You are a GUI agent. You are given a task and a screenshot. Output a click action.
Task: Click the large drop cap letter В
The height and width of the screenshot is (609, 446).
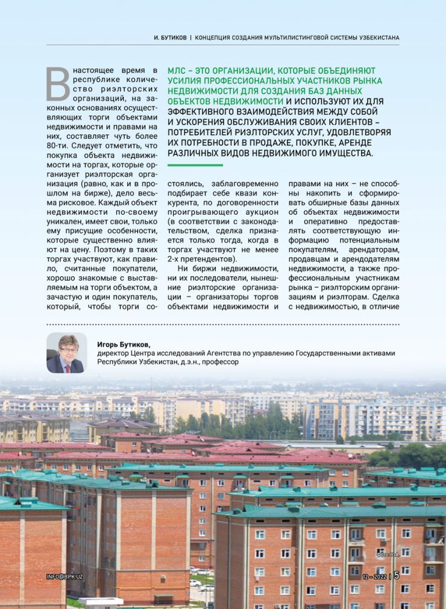(58, 83)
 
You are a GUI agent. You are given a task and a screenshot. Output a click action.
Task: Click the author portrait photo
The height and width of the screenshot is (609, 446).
(66, 352)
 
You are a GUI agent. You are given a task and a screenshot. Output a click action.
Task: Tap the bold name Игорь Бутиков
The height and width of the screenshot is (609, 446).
(124, 344)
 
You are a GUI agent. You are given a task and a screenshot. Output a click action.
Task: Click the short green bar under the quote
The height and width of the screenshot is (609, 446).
(195, 164)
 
